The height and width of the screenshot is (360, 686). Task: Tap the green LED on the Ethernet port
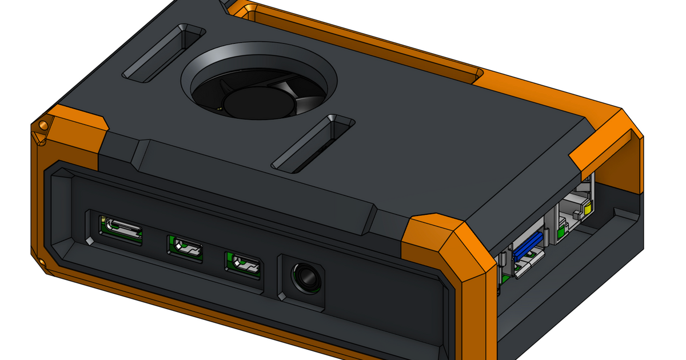click(x=561, y=231)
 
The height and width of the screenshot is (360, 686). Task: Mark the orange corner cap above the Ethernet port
click(x=606, y=143)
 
